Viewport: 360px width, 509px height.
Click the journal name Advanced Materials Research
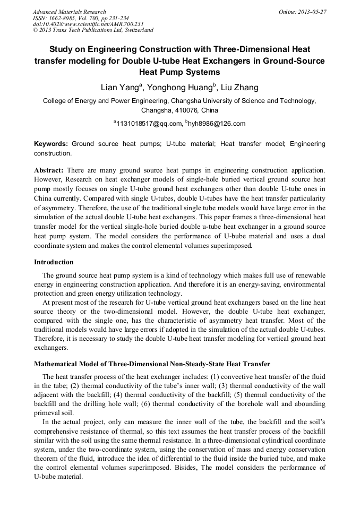[x=69, y=12]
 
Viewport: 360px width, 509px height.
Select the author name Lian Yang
[x=120, y=87]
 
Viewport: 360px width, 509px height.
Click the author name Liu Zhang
[x=239, y=87]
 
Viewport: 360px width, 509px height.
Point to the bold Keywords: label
[x=51, y=144]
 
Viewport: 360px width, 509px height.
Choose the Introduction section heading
[x=54, y=262]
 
